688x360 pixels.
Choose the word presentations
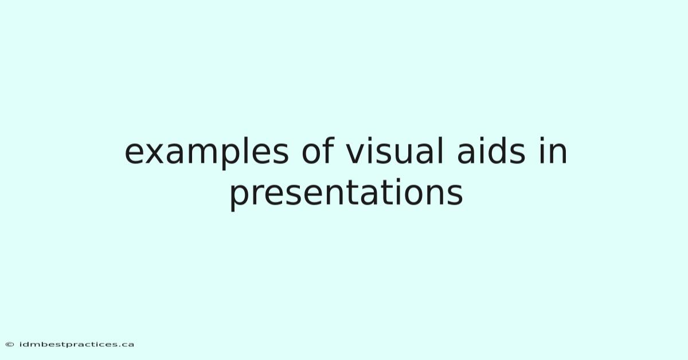346,194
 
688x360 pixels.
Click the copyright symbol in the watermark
10,345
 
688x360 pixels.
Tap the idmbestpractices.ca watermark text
76,345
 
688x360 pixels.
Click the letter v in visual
357,153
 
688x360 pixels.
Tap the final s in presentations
455,194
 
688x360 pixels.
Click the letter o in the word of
312,153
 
